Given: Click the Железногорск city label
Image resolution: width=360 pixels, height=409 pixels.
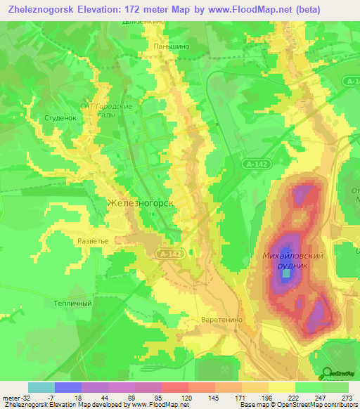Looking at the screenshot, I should [x=140, y=203].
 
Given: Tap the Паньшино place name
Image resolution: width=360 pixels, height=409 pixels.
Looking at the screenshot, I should [x=171, y=46].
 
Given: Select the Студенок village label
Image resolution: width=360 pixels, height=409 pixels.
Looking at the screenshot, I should [x=60, y=118].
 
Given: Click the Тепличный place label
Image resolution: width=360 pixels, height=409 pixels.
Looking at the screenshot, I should [x=73, y=303].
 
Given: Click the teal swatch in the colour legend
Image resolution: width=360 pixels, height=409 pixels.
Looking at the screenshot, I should [x=41, y=387].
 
